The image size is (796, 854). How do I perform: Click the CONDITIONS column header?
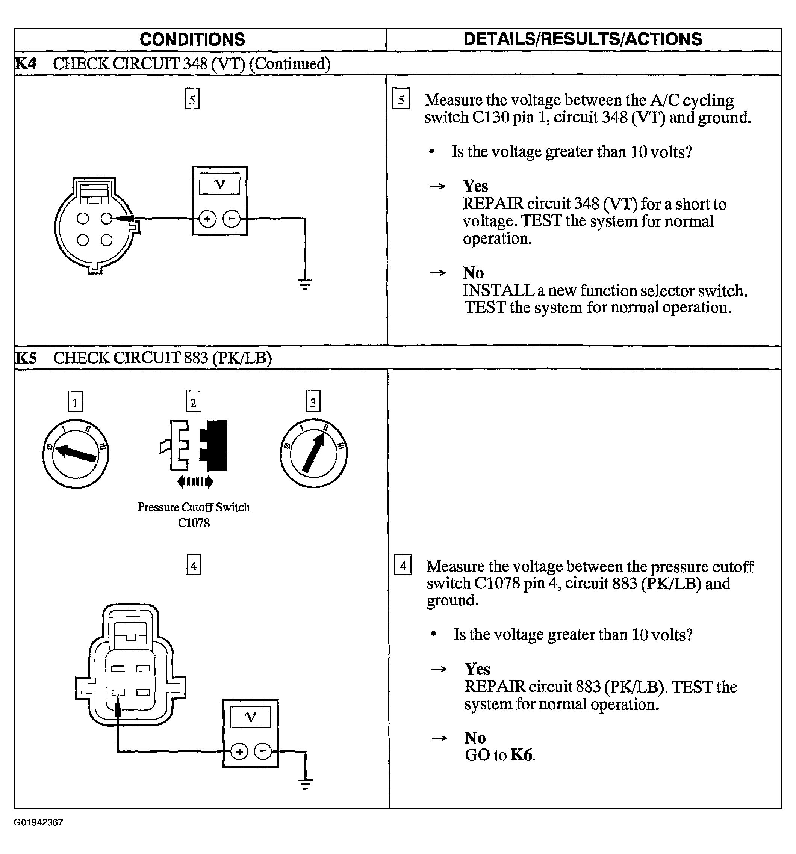pyautogui.click(x=192, y=39)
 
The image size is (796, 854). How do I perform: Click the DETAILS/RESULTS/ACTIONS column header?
pyautogui.click(x=583, y=39)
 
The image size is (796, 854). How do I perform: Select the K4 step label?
pyautogui.click(x=26, y=63)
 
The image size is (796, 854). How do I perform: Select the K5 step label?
pyautogui.click(x=26, y=358)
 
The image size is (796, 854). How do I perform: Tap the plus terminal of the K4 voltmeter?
pyautogui.click(x=207, y=219)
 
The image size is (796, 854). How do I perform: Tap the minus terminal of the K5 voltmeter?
pyautogui.click(x=263, y=751)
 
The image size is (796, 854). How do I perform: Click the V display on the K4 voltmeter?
pyautogui.click(x=219, y=184)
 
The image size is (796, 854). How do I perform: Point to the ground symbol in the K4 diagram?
pyautogui.click(x=305, y=285)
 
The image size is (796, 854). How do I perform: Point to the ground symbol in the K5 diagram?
pyautogui.click(x=306, y=785)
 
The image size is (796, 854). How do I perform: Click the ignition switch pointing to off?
pyautogui.click(x=76, y=454)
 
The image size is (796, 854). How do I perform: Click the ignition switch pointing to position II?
pyautogui.click(x=314, y=454)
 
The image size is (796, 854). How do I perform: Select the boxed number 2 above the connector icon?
pyautogui.click(x=193, y=402)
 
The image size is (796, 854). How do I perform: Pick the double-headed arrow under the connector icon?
pyautogui.click(x=195, y=481)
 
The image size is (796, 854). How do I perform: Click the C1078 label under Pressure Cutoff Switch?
pyautogui.click(x=194, y=523)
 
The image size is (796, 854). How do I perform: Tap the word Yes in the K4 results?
pyautogui.click(x=475, y=186)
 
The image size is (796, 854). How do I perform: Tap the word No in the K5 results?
pyautogui.click(x=475, y=738)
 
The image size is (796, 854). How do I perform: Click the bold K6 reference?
pyautogui.click(x=521, y=755)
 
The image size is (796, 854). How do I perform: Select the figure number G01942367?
pyautogui.click(x=39, y=822)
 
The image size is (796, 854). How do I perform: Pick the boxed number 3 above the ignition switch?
pyautogui.click(x=313, y=402)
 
